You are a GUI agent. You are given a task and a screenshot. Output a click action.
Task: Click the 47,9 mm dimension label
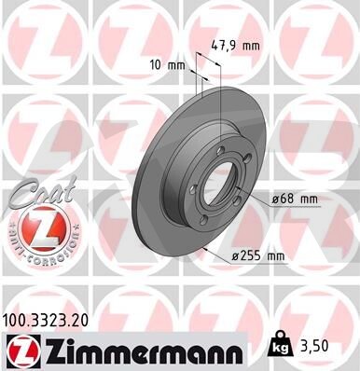(x=235, y=46)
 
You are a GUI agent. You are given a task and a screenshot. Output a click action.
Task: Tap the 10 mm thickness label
(x=167, y=65)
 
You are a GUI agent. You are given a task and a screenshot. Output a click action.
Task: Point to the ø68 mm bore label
(x=295, y=199)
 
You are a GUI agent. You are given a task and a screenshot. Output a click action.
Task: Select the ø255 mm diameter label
(x=258, y=256)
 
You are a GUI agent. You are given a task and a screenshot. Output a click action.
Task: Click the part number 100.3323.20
(x=45, y=321)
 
